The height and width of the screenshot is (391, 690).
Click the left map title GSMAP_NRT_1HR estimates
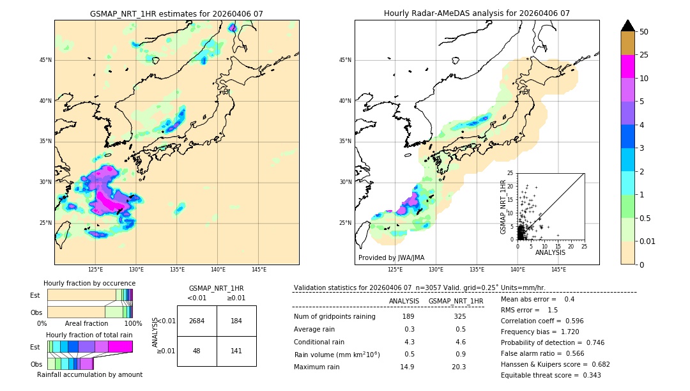176,13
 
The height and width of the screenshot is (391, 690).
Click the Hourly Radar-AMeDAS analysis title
477,13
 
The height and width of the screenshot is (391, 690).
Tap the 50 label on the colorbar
644,32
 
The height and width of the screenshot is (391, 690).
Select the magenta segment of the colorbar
628,66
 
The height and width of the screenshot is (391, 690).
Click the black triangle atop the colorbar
628,26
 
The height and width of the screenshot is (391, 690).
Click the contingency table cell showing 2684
197,321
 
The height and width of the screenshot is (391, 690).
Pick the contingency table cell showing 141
236,351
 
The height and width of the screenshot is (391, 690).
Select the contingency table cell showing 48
197,351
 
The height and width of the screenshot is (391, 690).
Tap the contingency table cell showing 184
236,321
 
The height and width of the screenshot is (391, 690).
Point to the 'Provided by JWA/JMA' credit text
391,257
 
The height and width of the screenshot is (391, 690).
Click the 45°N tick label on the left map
45,60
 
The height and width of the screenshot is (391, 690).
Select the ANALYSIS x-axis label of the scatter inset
550,252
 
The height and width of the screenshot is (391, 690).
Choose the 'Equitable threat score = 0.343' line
551,375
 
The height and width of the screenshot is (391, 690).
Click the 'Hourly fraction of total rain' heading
89,335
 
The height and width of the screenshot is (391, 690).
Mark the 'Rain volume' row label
337,355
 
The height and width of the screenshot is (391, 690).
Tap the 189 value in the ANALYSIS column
408,316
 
